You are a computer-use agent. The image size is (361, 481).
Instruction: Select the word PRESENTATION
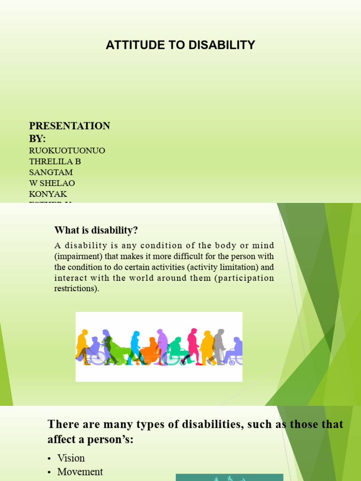pyautogui.click(x=70, y=126)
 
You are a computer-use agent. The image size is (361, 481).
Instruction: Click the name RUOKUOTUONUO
pyautogui.click(x=67, y=151)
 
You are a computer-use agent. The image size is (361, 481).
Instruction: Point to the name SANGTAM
pyautogui.click(x=51, y=172)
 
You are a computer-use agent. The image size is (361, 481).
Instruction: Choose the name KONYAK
pyautogui.click(x=47, y=194)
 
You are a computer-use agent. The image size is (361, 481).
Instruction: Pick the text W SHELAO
pyautogui.click(x=52, y=183)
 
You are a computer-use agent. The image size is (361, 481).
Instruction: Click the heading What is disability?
pyautogui.click(x=96, y=230)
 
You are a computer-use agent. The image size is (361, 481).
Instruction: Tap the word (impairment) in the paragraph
pyautogui.click(x=76, y=256)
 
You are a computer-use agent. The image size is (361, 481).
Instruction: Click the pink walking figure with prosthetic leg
pyautogui.click(x=193, y=345)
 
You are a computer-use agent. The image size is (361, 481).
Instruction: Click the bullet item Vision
pyautogui.click(x=71, y=458)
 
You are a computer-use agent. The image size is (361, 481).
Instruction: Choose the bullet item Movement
pyautogui.click(x=80, y=472)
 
